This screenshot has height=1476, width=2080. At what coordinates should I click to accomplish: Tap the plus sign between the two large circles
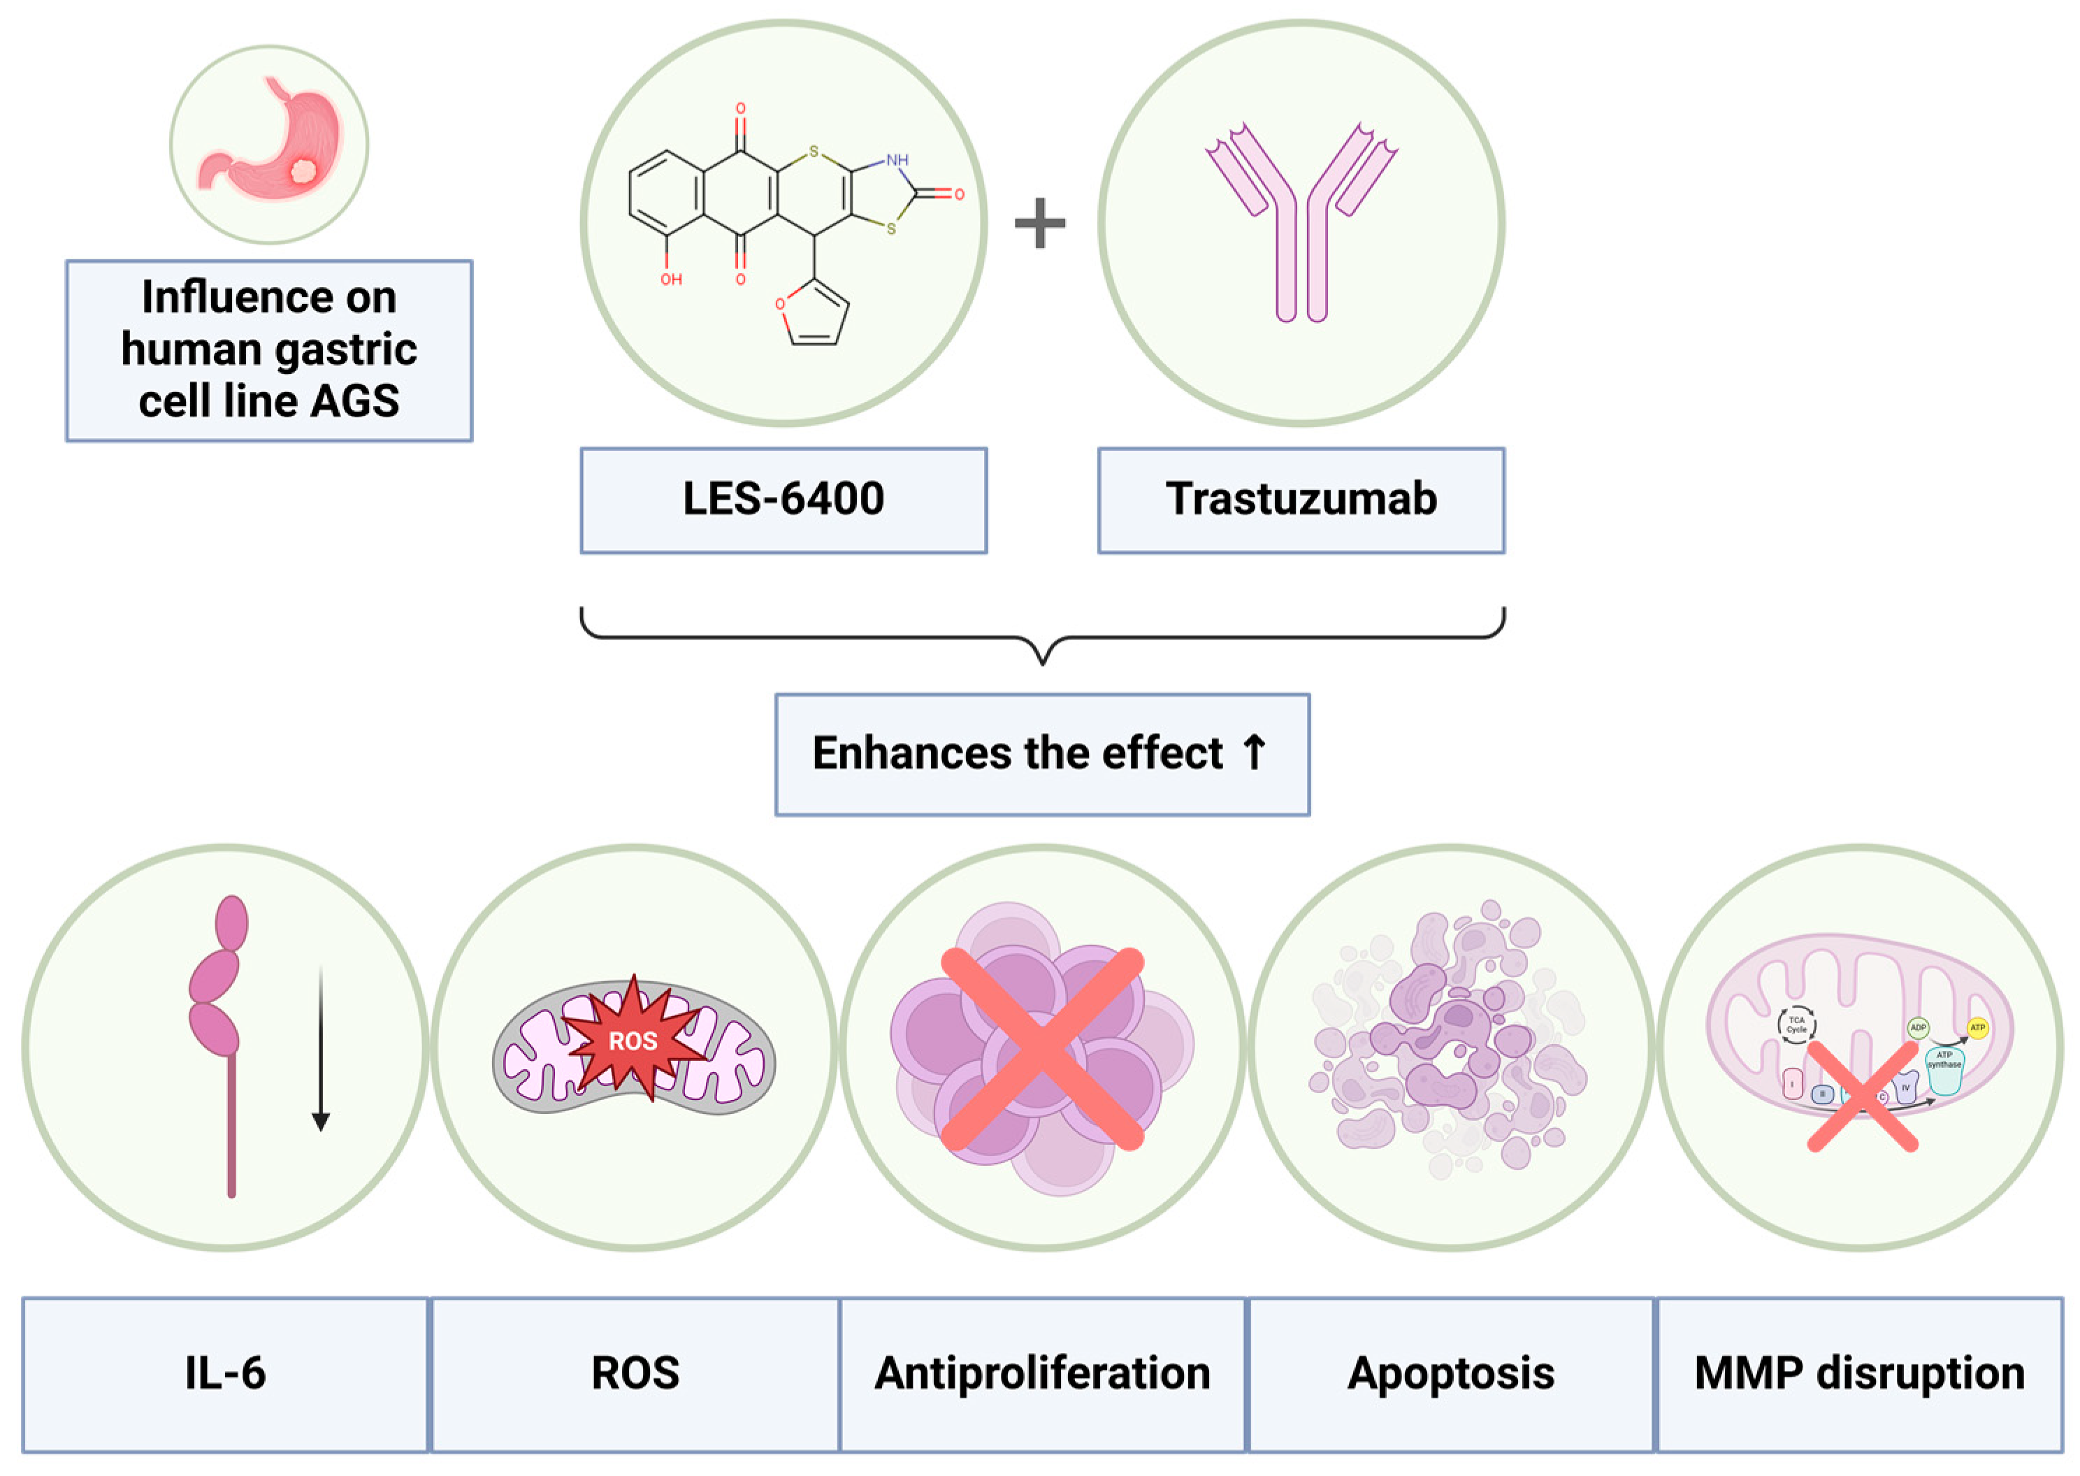click(1039, 224)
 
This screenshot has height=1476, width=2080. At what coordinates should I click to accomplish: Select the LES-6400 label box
click(783, 500)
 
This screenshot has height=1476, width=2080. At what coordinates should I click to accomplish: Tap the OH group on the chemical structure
click(670, 279)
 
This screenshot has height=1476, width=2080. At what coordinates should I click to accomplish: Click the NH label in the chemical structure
click(897, 160)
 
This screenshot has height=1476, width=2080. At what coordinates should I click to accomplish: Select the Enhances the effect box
click(1041, 754)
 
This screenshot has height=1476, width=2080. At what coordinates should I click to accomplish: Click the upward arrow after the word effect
click(1254, 753)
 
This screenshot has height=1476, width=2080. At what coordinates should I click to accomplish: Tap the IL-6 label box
click(225, 1373)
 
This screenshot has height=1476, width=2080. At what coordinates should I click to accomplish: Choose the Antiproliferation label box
click(1041, 1373)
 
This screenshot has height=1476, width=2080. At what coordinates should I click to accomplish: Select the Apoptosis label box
click(1450, 1373)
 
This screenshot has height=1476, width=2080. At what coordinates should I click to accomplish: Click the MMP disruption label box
click(1859, 1373)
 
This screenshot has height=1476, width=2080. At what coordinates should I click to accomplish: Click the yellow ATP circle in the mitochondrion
click(1977, 1028)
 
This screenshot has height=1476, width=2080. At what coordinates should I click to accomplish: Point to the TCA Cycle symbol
click(1796, 1025)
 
